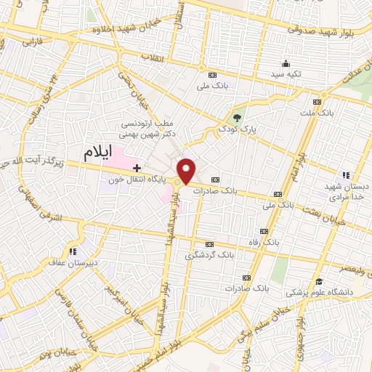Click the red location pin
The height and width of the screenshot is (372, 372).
point(187,171)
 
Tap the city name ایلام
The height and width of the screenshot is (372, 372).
point(101,153)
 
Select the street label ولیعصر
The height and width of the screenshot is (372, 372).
point(350,267)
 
